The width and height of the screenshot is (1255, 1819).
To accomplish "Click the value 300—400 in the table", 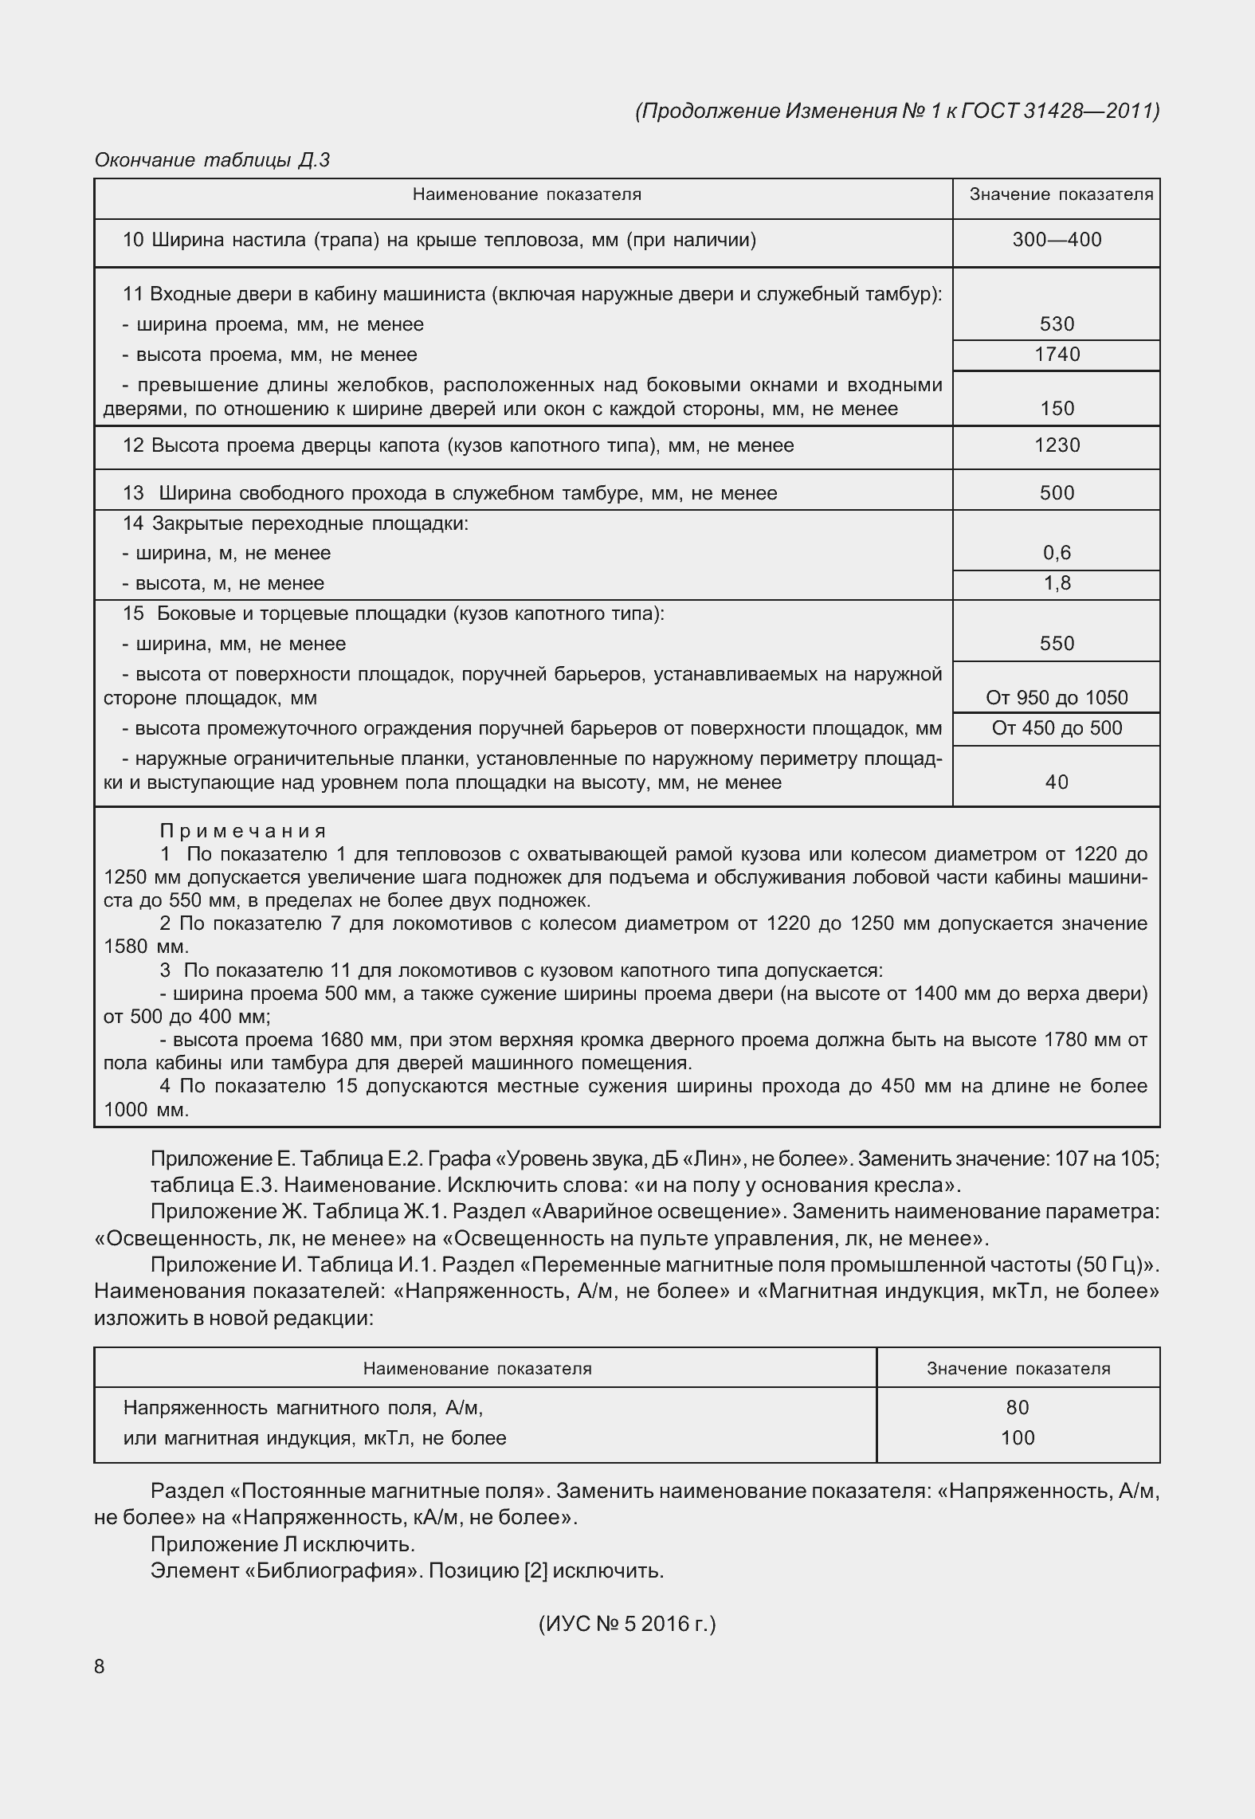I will tap(1057, 241).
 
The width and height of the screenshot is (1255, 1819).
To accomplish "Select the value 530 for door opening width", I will tap(1057, 324).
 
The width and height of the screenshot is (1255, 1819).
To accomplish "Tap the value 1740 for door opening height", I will tap(1057, 355).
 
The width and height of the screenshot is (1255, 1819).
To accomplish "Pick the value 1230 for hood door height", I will tap(1057, 445).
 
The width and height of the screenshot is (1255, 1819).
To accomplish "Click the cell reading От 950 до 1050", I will tap(1057, 698).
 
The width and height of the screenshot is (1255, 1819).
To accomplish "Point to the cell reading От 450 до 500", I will tap(1057, 728).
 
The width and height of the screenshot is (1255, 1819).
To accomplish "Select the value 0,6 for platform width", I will tap(1057, 553).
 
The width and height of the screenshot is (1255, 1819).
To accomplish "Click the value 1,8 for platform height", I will tap(1057, 583).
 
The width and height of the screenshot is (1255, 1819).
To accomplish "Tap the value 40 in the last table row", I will tap(1057, 782).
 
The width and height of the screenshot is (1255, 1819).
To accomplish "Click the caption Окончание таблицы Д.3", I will tap(212, 160).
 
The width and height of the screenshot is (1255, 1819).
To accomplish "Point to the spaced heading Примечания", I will tap(243, 832).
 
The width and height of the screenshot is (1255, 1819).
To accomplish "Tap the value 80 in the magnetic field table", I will tap(1018, 1408).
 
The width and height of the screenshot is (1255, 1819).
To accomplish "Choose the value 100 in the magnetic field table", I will tap(1018, 1438).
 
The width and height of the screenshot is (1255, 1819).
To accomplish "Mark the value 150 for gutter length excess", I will tap(1057, 409).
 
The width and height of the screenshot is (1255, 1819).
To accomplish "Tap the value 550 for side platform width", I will tap(1057, 644).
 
